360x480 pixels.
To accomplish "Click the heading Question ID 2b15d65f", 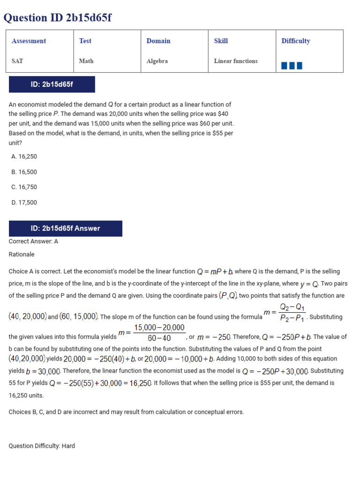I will [x=58, y=18].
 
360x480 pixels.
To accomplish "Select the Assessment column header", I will [x=29, y=41].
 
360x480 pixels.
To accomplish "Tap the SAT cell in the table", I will [x=17, y=61].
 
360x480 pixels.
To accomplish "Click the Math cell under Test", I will [x=86, y=61].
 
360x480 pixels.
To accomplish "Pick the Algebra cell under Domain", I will [x=157, y=61].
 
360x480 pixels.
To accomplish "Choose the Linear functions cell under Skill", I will [x=236, y=61].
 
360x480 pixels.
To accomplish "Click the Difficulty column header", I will [x=296, y=41].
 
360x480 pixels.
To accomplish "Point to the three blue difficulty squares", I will [x=292, y=66].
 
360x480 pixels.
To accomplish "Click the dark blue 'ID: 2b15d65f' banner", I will [x=52, y=84].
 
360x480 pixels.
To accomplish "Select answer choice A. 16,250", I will [x=24, y=157].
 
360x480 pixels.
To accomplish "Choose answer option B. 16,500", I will [x=24, y=172].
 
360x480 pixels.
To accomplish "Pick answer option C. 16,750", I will [x=24, y=187].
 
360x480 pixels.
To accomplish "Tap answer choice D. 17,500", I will [x=24, y=202].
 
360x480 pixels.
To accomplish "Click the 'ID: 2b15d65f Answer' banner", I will [x=65, y=228].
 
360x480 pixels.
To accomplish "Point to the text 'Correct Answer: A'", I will [x=33, y=241].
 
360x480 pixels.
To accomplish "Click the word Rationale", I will [x=22, y=254].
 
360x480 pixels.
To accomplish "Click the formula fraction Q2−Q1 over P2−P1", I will [x=292, y=313].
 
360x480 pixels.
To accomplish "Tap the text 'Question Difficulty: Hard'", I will [x=42, y=446].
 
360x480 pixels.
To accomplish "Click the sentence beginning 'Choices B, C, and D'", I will [x=126, y=412].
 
